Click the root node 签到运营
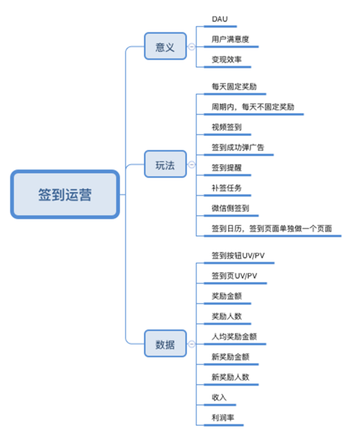point(65,194)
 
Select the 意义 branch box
point(166,46)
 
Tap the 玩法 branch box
point(166,164)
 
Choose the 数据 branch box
point(166,343)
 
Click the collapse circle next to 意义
point(192,47)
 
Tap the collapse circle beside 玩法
point(192,164)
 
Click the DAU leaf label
point(220,19)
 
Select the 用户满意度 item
point(230,39)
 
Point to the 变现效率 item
point(227,60)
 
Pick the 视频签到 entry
point(227,127)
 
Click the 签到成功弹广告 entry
point(238,147)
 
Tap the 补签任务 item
point(227,188)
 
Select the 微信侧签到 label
point(230,208)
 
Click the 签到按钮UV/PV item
point(238,255)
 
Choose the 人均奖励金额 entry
point(234,337)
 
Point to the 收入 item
point(219,397)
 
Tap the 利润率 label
point(223,417)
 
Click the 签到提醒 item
point(227,168)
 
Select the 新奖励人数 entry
point(230,377)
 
